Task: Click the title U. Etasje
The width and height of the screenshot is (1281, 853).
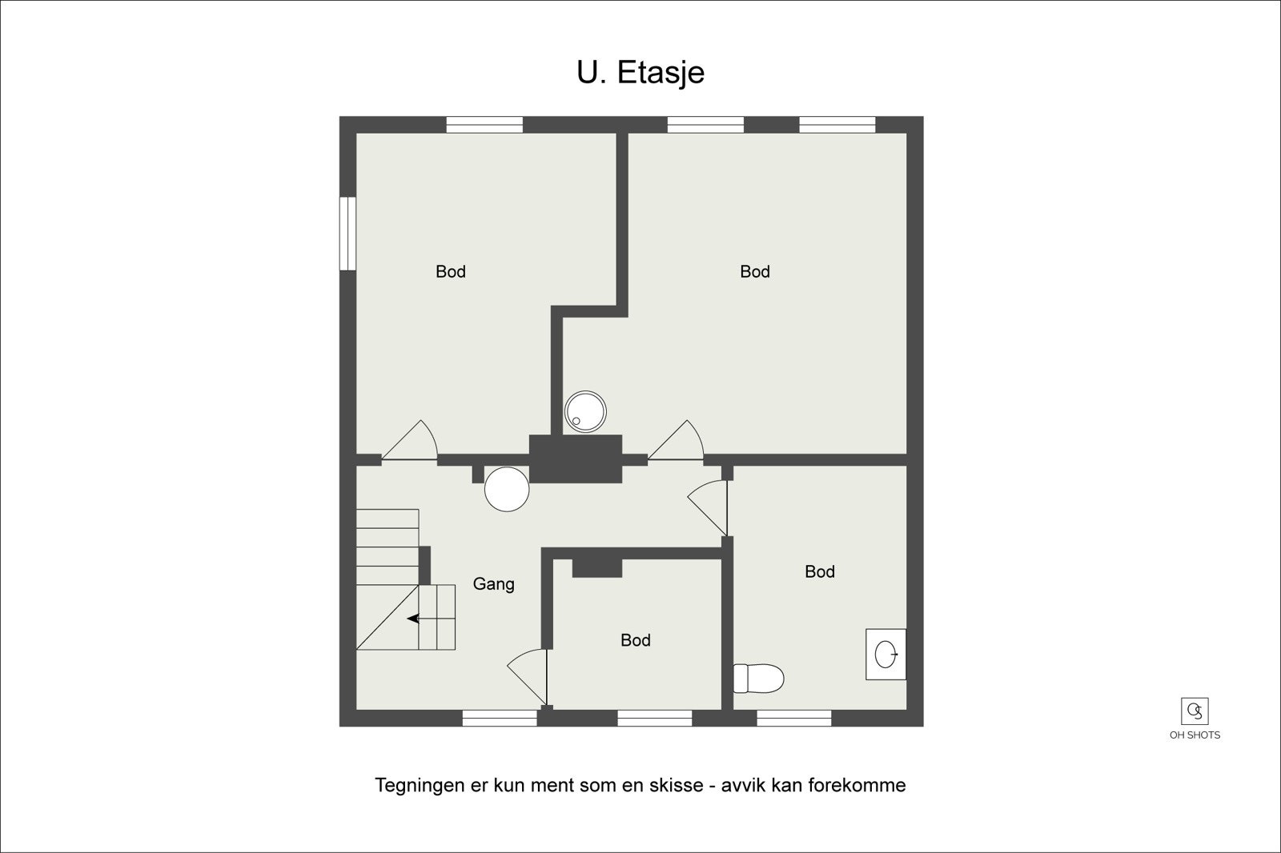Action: point(640,72)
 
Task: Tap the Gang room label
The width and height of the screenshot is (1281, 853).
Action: point(493,584)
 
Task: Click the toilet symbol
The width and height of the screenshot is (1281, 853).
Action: point(758,679)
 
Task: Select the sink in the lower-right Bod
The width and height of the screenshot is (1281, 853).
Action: point(885,654)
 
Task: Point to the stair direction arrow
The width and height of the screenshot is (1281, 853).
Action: point(415,618)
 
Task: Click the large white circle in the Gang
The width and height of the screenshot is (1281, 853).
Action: point(507,489)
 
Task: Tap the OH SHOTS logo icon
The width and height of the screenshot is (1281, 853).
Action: point(1195,711)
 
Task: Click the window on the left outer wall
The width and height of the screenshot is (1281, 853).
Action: point(347,234)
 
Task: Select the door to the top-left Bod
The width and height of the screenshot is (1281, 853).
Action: point(410,443)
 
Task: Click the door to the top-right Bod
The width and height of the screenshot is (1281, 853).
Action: point(676,443)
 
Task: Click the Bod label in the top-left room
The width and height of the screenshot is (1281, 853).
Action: point(451,272)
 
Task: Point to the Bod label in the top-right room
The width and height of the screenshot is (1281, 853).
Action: point(755,272)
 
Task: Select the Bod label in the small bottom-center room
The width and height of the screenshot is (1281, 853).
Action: point(636,640)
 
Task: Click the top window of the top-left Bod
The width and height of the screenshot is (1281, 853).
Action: point(484,125)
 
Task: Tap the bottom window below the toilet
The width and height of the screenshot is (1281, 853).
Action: point(794,718)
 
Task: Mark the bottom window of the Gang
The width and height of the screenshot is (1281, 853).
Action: point(500,718)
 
